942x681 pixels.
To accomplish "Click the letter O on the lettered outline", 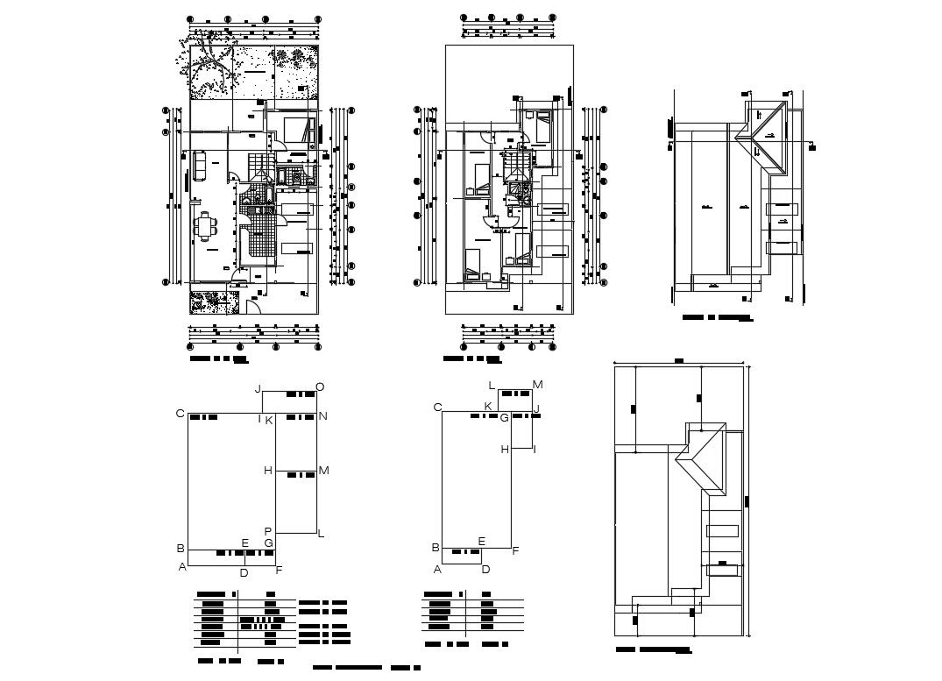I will [x=320, y=387].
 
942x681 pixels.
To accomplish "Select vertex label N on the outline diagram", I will [x=322, y=416].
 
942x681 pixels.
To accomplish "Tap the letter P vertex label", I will [x=268, y=531].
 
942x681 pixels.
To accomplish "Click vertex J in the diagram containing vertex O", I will [x=258, y=388].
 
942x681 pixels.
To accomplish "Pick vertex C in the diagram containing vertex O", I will [x=180, y=414].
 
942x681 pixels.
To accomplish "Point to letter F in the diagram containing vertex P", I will [x=279, y=571].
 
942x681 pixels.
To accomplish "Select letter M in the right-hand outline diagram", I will [x=538, y=385].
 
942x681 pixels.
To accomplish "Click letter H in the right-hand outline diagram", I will [x=505, y=449].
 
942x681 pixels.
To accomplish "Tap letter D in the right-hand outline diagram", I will [x=485, y=569].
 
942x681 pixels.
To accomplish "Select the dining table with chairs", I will [x=207, y=226].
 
